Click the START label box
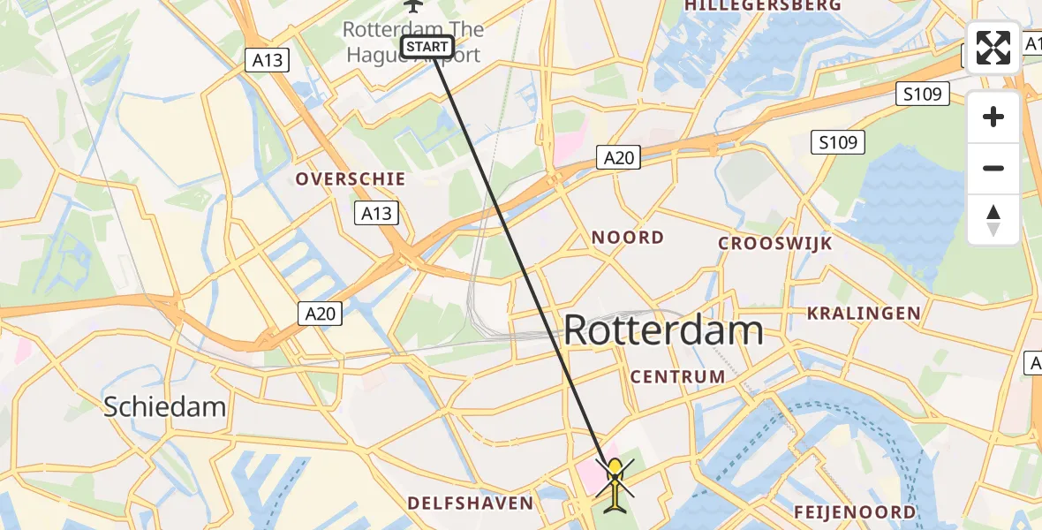click(427, 47)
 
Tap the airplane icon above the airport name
click(412, 5)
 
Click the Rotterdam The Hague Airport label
click(413, 42)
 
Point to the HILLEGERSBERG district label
click(762, 5)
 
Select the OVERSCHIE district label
click(351, 178)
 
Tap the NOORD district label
click(627, 237)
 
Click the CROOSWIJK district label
click(774, 243)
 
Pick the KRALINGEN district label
click(863, 313)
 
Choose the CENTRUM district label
click(677, 376)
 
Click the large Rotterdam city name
click(662, 331)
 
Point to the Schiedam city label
click(165, 406)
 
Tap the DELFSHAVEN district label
click(470, 503)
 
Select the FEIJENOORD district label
click(854, 512)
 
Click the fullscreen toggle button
click(993, 48)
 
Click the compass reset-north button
click(993, 220)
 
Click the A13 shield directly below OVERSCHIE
click(375, 212)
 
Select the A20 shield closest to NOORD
click(618, 157)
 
